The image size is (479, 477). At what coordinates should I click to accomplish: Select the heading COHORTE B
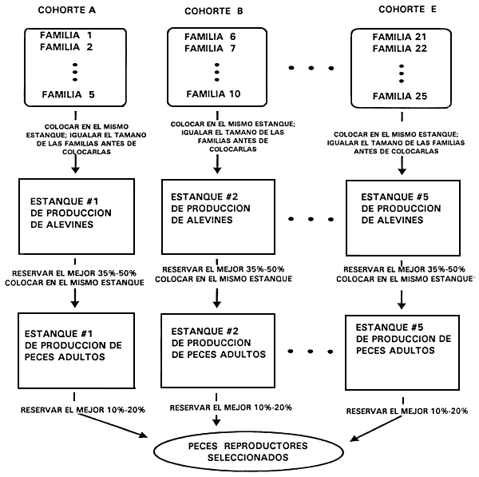215,11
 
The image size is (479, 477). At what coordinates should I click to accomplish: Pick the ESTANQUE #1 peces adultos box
74,345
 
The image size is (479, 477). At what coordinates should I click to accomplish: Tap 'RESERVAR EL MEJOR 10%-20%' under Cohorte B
219,407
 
